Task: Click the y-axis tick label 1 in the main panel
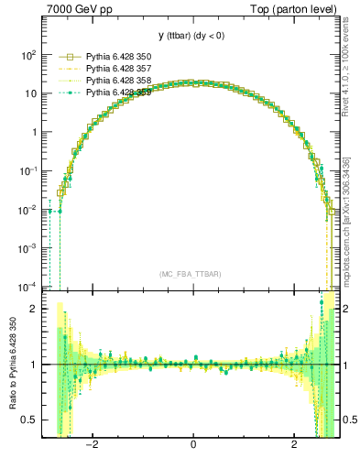pyautogui.click(x=34, y=132)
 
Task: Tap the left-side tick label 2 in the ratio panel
pyautogui.click(x=34, y=309)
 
